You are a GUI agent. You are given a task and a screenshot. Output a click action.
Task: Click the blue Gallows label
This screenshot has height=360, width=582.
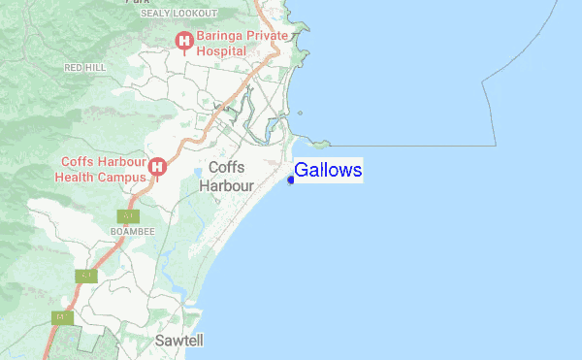[x=328, y=171]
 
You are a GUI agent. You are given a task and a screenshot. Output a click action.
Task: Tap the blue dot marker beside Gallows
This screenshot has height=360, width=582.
[x=291, y=179]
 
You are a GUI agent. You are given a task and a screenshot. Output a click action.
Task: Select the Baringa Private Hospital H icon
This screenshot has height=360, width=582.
[x=182, y=39]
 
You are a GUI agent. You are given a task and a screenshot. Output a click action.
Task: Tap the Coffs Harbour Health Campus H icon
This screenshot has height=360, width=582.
[x=157, y=167]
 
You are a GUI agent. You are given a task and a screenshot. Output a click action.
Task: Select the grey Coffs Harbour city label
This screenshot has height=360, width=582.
[x=232, y=176]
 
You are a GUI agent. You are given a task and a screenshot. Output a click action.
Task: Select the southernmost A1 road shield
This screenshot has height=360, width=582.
[x=61, y=317]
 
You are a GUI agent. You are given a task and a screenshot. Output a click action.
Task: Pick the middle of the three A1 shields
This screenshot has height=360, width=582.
[x=86, y=276]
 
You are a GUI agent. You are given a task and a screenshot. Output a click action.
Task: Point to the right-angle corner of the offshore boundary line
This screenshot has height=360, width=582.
[x=496, y=146]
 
